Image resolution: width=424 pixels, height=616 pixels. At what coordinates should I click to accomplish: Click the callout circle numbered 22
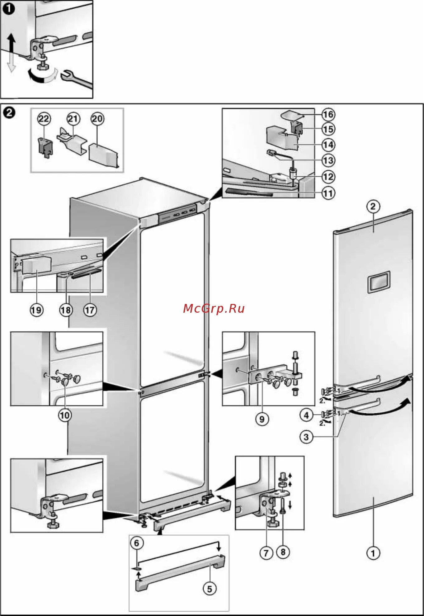click(44, 119)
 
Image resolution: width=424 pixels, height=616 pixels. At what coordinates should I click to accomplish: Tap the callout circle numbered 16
click(328, 114)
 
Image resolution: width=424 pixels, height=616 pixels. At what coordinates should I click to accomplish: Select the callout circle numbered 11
click(328, 193)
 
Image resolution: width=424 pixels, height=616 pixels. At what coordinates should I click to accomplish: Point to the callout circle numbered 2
click(373, 206)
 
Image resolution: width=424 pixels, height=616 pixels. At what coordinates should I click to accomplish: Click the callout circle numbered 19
click(36, 310)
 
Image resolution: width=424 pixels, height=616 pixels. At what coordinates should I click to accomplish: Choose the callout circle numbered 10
click(65, 415)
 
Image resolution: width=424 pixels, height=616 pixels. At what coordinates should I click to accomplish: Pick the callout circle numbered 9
click(262, 419)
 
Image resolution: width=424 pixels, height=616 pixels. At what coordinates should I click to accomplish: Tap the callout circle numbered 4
click(306, 415)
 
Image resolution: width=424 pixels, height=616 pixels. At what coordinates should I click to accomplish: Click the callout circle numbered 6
click(137, 543)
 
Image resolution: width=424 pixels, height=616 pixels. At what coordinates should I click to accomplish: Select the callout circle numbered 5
click(209, 589)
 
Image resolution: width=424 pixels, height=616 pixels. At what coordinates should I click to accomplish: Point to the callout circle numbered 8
click(283, 552)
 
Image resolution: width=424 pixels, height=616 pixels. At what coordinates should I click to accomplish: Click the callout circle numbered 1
click(373, 553)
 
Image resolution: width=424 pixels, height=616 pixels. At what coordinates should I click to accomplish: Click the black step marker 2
click(9, 112)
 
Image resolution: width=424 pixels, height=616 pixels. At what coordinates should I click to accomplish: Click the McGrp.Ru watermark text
click(214, 308)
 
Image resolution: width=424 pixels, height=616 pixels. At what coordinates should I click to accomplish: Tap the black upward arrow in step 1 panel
click(12, 44)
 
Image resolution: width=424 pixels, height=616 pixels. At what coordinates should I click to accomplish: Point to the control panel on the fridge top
click(177, 215)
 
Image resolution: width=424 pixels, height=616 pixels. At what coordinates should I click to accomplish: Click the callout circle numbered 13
click(328, 160)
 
